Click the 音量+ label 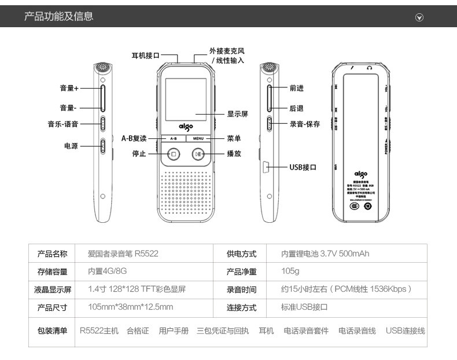click(x=69, y=89)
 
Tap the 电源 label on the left click(x=71, y=146)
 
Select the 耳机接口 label click(x=145, y=56)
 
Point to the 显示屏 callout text click(x=237, y=114)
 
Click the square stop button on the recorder click(x=173, y=154)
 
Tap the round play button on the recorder click(x=198, y=154)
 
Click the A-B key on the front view click(x=173, y=139)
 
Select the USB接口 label click(x=303, y=167)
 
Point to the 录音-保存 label click(x=305, y=124)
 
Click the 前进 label click(x=297, y=89)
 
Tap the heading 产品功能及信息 click(x=58, y=16)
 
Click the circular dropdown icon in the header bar click(x=420, y=17)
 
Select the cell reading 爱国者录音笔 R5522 click(x=123, y=254)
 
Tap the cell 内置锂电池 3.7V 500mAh click(x=325, y=254)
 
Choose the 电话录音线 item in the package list click(x=357, y=330)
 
